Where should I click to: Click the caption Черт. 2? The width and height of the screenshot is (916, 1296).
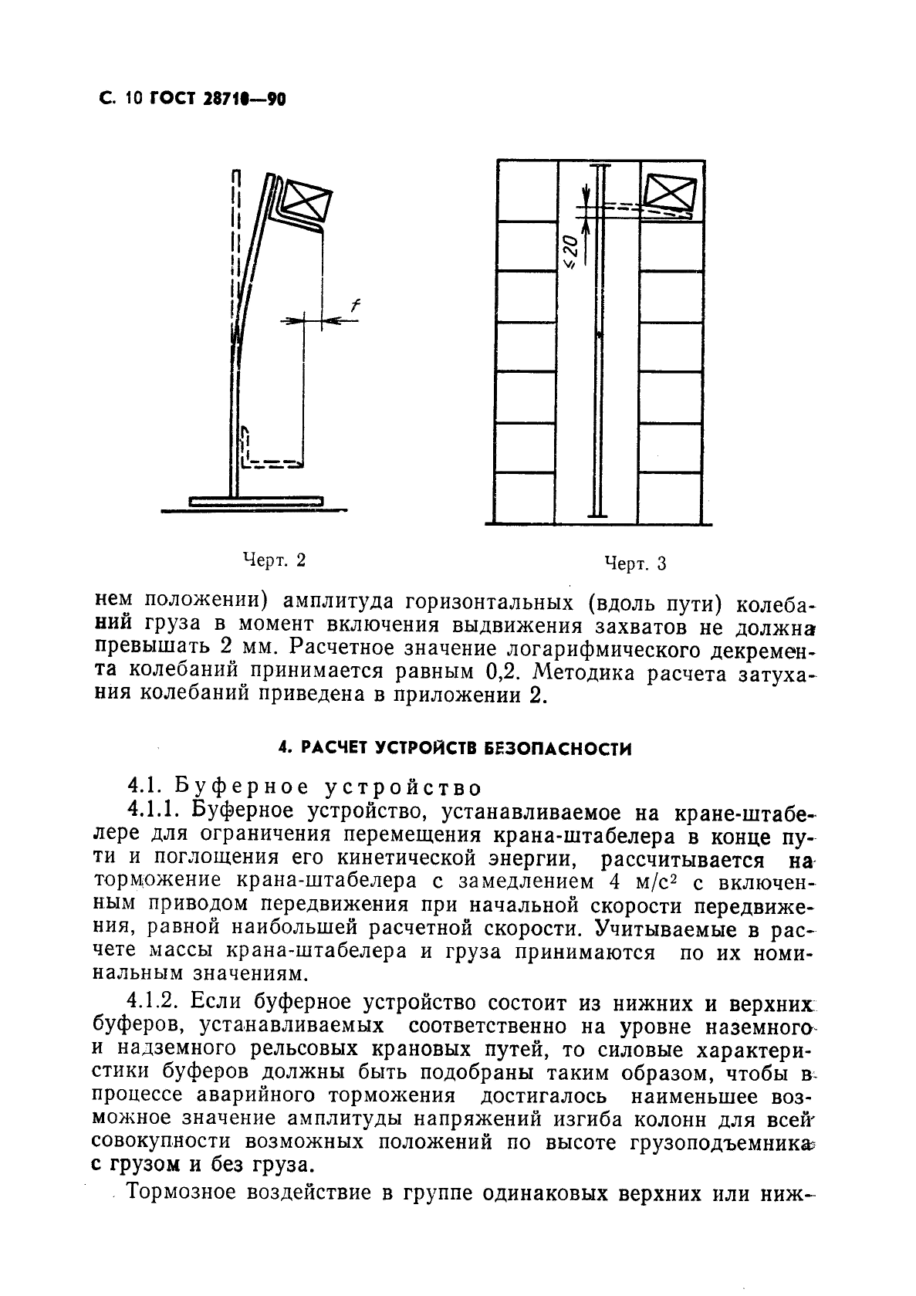point(274,560)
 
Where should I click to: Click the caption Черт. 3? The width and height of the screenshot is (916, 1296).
point(635,564)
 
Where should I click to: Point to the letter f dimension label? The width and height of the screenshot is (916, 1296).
point(355,306)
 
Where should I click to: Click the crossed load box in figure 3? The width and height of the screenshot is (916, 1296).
point(670,193)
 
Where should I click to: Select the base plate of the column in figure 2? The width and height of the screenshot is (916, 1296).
point(255,502)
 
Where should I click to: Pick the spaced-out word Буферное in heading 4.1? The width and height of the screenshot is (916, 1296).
point(241,788)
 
